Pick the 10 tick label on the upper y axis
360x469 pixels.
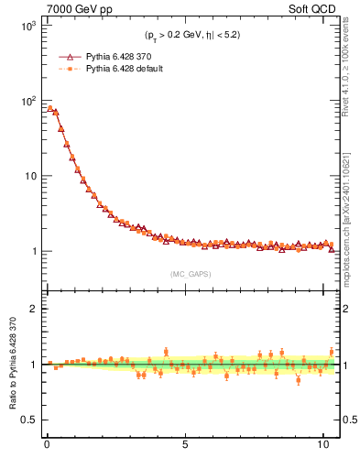tap(28, 176)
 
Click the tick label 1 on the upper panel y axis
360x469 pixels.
tap(32, 251)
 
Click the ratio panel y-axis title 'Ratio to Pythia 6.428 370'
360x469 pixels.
tap(11, 364)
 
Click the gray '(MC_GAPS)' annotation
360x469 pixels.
tap(189, 273)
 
